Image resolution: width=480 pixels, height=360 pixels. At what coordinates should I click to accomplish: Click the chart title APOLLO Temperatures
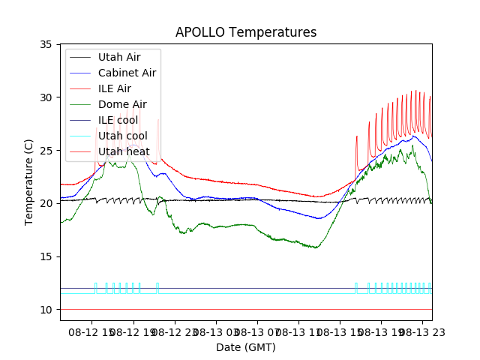click(x=246, y=32)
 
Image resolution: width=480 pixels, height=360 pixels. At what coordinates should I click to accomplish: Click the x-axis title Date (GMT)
click(x=246, y=347)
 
